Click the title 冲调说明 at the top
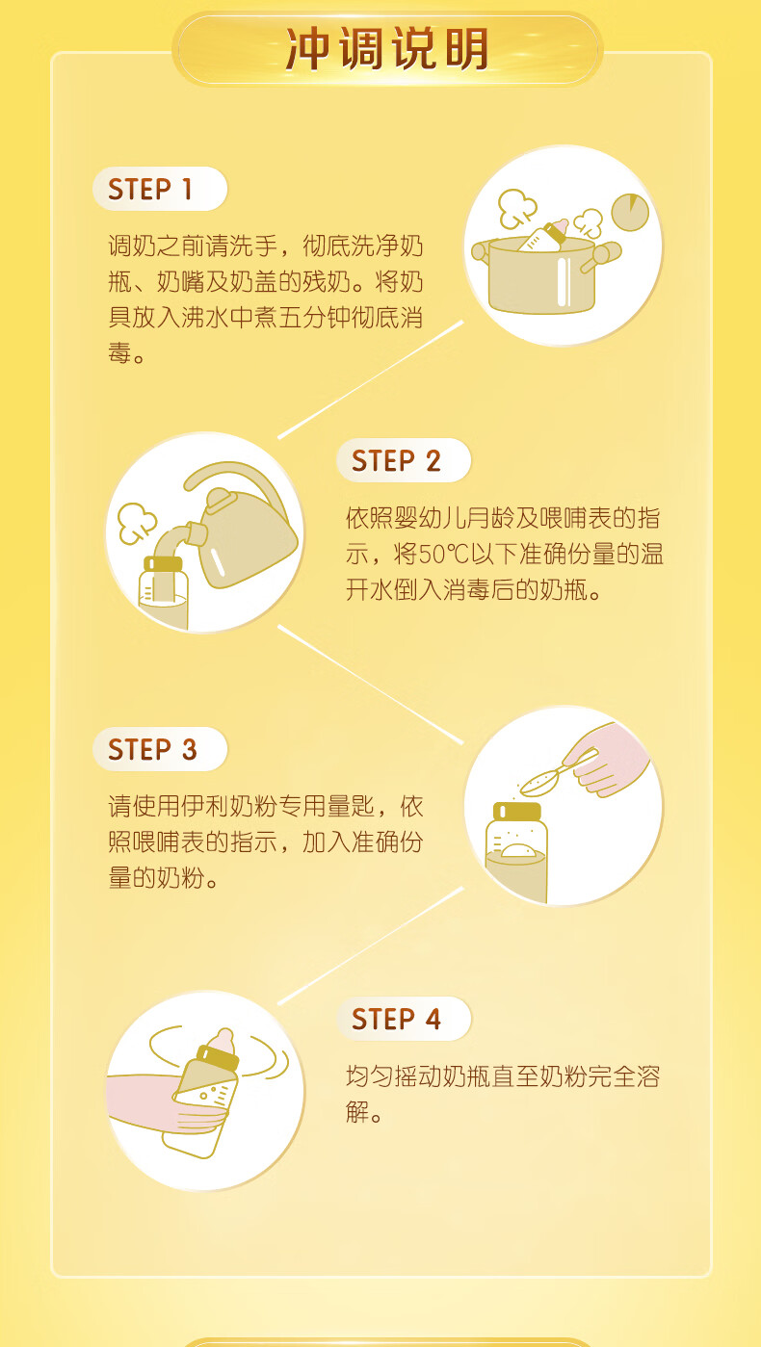(387, 49)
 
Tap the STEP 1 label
(150, 190)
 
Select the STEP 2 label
(396, 461)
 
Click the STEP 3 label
(152, 750)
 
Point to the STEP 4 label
(396, 1020)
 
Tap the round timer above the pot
(630, 212)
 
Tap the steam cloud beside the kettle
(137, 523)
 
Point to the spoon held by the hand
(557, 773)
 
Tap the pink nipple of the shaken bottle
(223, 1040)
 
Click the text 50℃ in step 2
(443, 554)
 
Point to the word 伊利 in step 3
(205, 806)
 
